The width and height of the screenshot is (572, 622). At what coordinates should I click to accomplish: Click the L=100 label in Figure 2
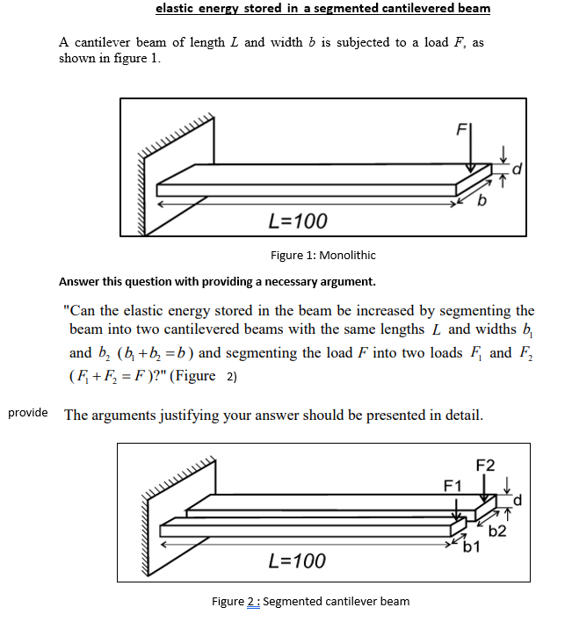point(296,560)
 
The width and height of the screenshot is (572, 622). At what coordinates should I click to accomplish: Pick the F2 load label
point(485,466)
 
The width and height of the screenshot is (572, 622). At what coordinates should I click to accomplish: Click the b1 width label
point(471,549)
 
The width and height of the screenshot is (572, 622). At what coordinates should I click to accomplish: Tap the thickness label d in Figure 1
point(517,167)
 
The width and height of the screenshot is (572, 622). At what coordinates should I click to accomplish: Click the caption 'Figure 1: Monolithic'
point(322,255)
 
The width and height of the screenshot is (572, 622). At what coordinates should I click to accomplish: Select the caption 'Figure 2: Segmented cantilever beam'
point(311,601)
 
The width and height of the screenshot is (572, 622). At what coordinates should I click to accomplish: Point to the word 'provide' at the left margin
point(27,411)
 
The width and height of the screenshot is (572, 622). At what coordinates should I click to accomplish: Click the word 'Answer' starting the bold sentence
point(81,281)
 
